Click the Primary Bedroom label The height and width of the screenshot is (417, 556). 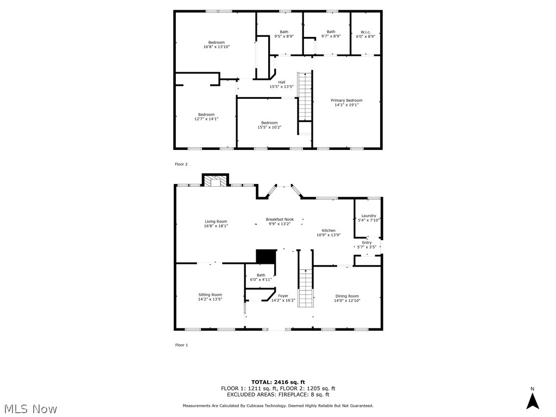click(346, 100)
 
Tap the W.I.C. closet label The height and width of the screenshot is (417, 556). click(365, 31)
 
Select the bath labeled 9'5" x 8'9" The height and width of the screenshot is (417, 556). click(284, 34)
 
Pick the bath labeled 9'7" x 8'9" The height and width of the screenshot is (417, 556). click(331, 34)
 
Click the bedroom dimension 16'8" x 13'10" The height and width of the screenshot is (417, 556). click(216, 47)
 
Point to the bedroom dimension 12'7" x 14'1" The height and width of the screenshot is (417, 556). click(206, 119)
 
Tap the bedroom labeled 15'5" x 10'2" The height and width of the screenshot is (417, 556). click(269, 125)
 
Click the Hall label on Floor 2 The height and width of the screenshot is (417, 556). click(281, 83)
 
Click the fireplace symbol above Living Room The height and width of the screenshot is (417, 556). click(216, 181)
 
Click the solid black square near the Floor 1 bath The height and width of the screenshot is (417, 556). click(266, 256)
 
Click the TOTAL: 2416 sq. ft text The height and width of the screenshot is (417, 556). click(277, 382)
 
